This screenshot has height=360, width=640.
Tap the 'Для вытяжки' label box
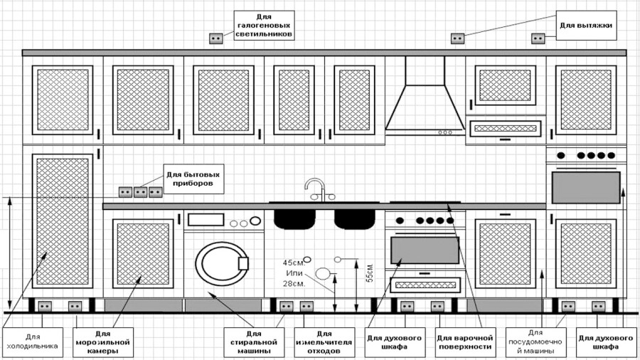pos(585,26)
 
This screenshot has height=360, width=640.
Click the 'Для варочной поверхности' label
pos(464,342)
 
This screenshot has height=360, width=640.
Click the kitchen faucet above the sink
pos(316,189)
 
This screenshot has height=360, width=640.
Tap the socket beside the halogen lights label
pos(215,38)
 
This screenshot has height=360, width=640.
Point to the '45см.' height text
pos(292,261)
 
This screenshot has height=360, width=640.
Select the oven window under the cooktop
pos(425,250)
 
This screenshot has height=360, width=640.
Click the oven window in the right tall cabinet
pos(586,186)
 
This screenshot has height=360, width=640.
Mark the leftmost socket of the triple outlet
pos(125,191)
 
